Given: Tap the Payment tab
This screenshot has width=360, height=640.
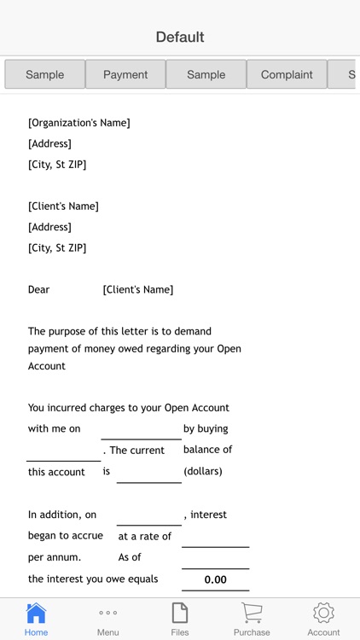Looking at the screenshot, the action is (125, 74).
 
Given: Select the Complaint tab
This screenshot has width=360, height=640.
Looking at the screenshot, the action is (287, 74).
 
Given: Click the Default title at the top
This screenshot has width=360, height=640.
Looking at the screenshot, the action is (180, 37).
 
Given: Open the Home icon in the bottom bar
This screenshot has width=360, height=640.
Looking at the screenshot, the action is (36, 614).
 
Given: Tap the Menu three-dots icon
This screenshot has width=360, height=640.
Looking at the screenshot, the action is (107, 613).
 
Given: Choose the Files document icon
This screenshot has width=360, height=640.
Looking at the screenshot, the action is (180, 613).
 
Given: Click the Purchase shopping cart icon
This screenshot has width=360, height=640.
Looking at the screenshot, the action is (252, 613).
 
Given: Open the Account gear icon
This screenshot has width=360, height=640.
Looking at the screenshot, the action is (323, 613).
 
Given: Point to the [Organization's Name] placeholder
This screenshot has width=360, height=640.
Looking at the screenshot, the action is (79, 123).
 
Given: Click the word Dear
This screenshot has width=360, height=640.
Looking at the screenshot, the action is (39, 289).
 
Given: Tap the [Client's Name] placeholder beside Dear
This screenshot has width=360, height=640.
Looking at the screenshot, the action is (138, 289).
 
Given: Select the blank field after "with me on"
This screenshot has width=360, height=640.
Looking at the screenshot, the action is (141, 429).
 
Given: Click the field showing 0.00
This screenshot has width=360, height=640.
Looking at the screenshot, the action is (215, 579).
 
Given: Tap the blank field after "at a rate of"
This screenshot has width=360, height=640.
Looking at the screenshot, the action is (215, 537).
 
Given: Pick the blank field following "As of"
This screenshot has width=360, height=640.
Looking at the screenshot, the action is (215, 558).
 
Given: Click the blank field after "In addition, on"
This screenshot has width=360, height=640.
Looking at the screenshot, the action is (148, 515).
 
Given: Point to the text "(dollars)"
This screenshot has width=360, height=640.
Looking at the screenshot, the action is (203, 471).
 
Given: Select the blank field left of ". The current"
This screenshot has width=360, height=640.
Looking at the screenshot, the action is (63, 451).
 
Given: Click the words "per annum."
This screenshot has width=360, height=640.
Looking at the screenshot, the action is (55, 557).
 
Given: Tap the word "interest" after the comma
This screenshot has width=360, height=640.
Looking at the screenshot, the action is (209, 515).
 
